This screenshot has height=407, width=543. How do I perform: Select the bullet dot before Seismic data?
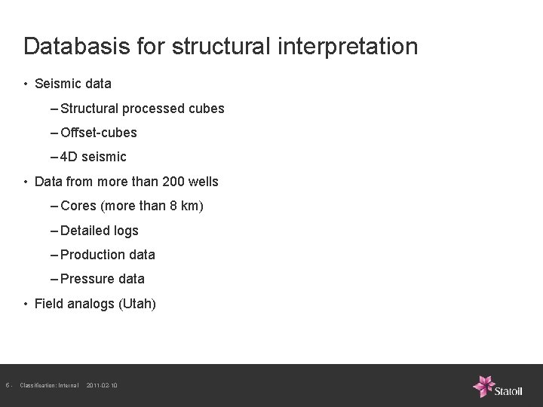coord(26,84)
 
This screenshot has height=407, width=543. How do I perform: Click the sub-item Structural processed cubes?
coord(142,109)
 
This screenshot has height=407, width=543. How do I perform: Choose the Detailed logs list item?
coord(99,231)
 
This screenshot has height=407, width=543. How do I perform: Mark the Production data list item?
coord(107,255)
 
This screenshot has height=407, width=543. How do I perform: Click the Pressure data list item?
coord(102,279)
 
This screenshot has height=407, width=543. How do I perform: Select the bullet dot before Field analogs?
coord(26,304)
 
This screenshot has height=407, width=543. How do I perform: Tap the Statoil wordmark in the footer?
coord(514,390)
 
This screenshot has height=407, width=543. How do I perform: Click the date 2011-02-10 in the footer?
coord(102,386)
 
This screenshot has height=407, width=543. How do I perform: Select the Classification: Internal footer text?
coord(49,386)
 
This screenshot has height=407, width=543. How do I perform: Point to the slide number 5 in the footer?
coord(7,386)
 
